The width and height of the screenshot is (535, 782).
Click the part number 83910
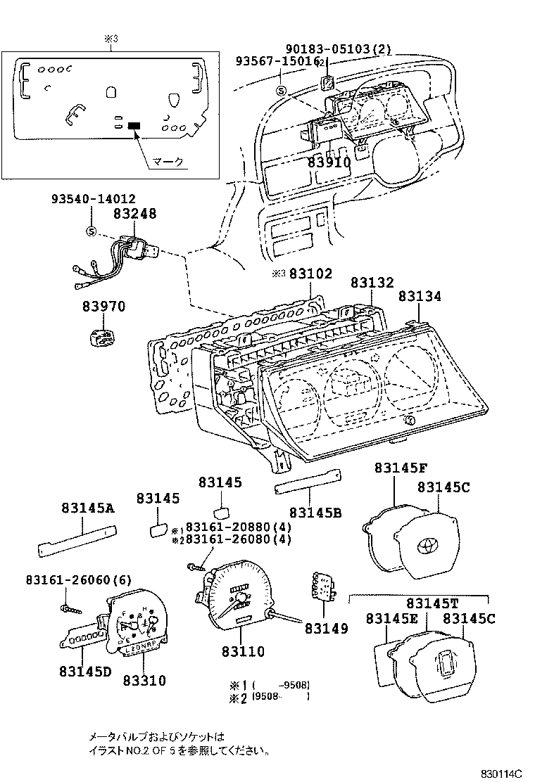click(x=329, y=162)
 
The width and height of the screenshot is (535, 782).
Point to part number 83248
click(x=134, y=214)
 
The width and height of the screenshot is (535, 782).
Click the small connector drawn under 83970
click(x=103, y=338)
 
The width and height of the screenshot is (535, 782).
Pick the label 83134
click(x=420, y=297)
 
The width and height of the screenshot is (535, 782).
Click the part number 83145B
click(x=315, y=513)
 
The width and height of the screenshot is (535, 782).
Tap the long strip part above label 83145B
click(x=307, y=482)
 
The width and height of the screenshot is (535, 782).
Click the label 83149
click(x=326, y=628)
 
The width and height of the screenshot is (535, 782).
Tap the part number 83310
click(x=144, y=680)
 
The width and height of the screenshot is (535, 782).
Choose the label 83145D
click(x=85, y=671)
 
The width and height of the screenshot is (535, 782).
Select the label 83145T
click(x=431, y=603)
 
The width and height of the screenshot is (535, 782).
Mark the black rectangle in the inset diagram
click(x=134, y=125)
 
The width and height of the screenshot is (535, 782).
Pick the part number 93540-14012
click(x=93, y=199)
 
